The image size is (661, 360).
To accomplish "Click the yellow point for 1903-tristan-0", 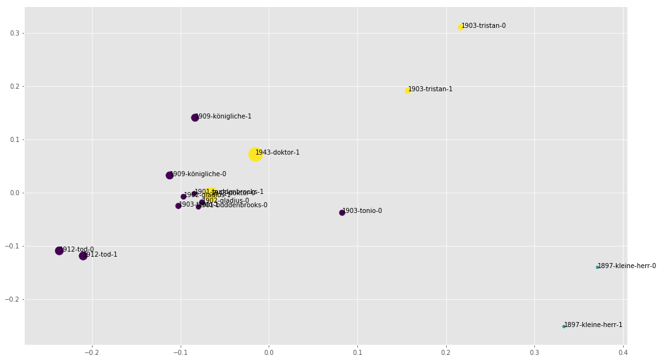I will point(461,27).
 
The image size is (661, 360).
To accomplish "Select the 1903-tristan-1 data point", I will point(408,91).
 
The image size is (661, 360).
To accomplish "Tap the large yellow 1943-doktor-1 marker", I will point(255,154).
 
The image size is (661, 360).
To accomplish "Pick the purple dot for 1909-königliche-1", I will point(195,118).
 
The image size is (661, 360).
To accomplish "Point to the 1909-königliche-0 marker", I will point(170,176).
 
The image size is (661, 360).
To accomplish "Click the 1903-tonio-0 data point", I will point(342,213).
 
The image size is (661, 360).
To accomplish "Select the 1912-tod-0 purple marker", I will point(60,251).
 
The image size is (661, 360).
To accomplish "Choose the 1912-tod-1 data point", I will point(83,256).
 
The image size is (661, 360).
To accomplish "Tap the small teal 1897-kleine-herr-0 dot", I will point(597,267).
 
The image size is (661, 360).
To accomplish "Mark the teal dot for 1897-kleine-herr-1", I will point(563,326).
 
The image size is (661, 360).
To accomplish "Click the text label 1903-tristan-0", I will point(484,26).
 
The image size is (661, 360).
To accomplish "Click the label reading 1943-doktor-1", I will point(278,153).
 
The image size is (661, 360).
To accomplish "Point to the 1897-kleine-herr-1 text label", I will point(593,325).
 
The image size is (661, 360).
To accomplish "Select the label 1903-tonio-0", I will point(363,211).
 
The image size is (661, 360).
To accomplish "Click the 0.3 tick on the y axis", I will point(14,33).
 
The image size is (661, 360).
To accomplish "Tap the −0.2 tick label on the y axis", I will point(12,299).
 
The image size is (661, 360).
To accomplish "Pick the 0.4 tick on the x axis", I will point(623,352).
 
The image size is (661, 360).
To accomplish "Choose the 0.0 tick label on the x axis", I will point(269,352).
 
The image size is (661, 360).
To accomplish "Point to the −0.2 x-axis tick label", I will point(92,352).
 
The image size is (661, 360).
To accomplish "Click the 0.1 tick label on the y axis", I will point(14,139).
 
